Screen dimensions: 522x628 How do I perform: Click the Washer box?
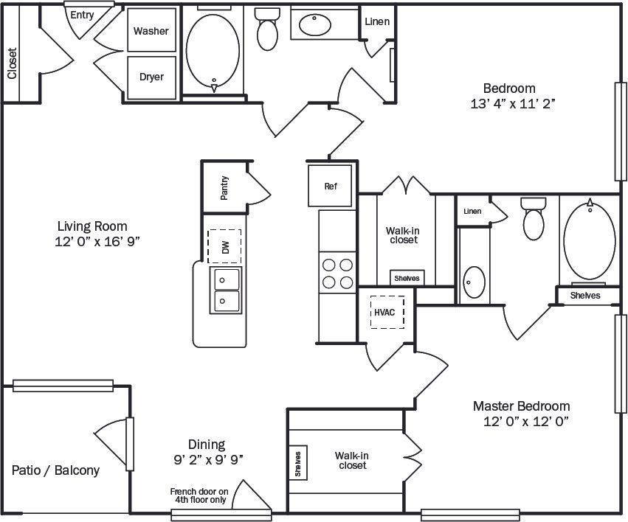tap(151, 30)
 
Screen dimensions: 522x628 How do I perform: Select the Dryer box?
tap(151, 77)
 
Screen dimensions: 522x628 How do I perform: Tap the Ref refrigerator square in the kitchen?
tap(330, 186)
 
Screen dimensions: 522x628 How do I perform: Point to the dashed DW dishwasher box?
tap(224, 246)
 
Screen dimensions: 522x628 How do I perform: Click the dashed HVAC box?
tap(384, 312)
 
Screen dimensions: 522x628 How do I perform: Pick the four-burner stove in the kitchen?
tap(336, 273)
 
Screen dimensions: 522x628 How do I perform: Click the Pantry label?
tap(224, 188)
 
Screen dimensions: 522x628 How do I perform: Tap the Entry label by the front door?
tap(82, 15)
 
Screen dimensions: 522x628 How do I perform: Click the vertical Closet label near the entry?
tap(12, 63)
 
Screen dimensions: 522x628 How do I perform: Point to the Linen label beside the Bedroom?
tap(377, 21)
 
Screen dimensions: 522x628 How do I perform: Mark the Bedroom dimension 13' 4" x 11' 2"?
tap(512, 104)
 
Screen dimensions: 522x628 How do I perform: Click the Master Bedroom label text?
tap(521, 406)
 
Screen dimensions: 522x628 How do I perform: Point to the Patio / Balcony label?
tap(55, 470)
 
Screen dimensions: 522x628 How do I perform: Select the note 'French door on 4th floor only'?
tap(199, 495)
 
